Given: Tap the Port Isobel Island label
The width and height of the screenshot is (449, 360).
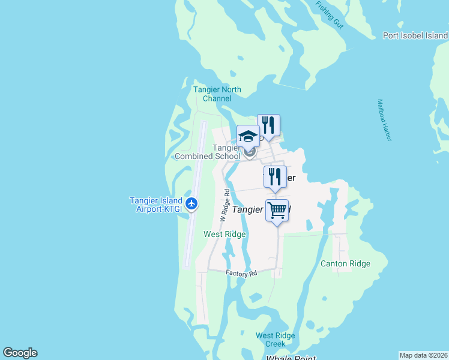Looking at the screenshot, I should pos(415,35).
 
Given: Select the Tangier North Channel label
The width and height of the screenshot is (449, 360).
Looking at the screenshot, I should pos(217,94).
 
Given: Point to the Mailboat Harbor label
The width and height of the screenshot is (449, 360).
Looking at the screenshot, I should pos(384,121).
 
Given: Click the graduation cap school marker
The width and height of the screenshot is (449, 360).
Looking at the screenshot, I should pos(248,136).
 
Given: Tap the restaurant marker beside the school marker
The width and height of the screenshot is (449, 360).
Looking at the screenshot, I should pos(268,125).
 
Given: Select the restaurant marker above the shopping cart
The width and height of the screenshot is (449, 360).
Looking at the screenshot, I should pos(274,177).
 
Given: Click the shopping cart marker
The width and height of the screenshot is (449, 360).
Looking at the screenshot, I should pos(277,211).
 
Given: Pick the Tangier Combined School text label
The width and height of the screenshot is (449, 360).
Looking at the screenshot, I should pos(207,152).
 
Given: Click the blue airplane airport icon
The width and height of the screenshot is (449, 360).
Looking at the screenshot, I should pos(192,204).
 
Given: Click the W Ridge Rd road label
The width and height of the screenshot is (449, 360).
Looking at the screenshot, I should pos(224,206).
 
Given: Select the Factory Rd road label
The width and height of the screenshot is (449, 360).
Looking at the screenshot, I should pos(241,273).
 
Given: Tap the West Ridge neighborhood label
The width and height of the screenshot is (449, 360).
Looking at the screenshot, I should pos(224,234).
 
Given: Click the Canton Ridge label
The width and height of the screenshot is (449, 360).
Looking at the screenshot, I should pos(345,263).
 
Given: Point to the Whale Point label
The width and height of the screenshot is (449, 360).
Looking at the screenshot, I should pos(291,357).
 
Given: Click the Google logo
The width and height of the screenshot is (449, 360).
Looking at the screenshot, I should pos(20,353).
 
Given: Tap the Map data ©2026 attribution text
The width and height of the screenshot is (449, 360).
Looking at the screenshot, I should pos(423,355).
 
